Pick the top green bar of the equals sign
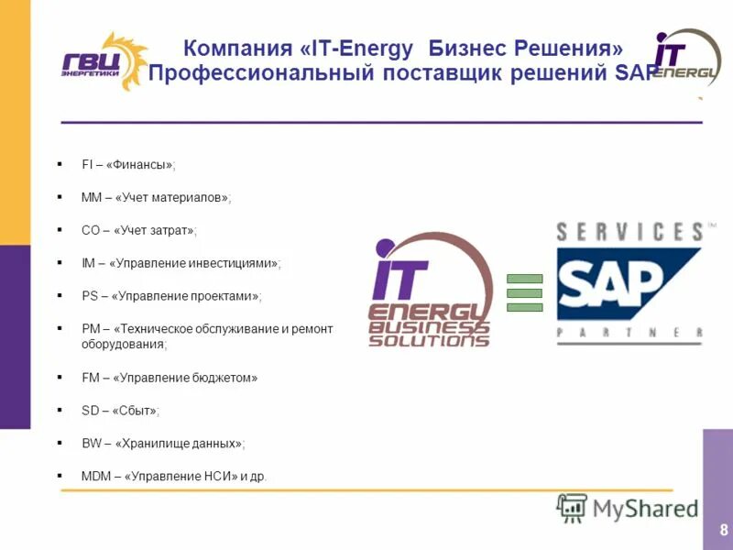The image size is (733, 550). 525,279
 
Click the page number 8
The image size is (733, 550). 724,530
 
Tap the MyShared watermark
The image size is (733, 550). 629,508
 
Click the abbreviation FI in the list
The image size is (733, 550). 87,165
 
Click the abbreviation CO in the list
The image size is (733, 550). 90,231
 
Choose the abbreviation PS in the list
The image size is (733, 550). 89,296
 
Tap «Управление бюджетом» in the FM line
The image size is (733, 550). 182,378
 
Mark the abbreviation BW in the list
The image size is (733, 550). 91,444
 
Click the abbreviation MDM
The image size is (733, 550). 95,477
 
